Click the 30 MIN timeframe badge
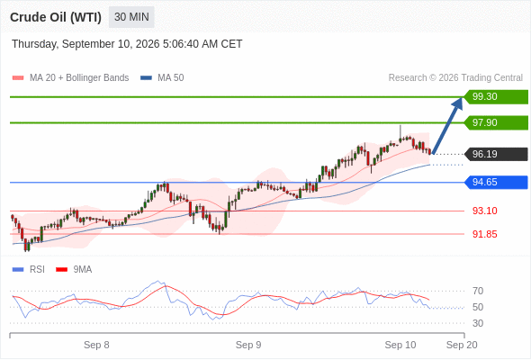131,17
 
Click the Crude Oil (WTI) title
56,17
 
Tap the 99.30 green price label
496,96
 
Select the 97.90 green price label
496,122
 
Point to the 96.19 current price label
496,154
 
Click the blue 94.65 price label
496,182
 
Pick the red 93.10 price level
484,211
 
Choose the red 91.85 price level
484,234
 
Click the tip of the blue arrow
462,97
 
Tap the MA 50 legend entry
162,78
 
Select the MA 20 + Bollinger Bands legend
70,78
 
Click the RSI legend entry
29,270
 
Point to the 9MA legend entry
74,270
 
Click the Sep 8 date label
96,345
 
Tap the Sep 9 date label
248,345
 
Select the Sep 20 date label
462,345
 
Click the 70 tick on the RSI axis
478,291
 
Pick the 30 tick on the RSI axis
478,323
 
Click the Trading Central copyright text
455,78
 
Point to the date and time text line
127,44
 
